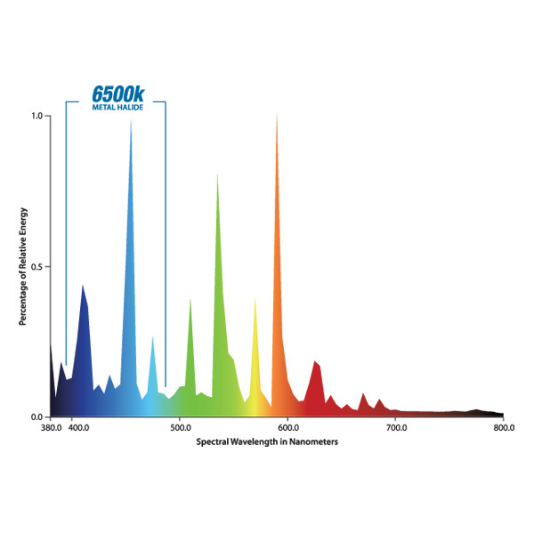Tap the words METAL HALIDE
coord(117,108)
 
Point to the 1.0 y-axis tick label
coord(37,116)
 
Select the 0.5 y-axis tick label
coord(37,267)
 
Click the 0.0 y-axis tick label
coord(37,417)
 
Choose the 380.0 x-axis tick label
coord(51,429)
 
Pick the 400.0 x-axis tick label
coord(77,429)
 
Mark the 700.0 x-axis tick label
coord(395,429)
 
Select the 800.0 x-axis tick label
coord(503,429)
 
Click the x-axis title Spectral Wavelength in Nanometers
coord(268,441)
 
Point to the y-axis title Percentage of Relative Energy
coord(24,267)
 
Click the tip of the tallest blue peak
coord(131,120)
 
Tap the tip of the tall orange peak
coord(277,116)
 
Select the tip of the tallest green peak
coord(217,174)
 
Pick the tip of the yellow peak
coord(255,298)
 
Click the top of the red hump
coord(316,361)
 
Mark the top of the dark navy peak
coord(83,286)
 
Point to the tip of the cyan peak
coord(153,336)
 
